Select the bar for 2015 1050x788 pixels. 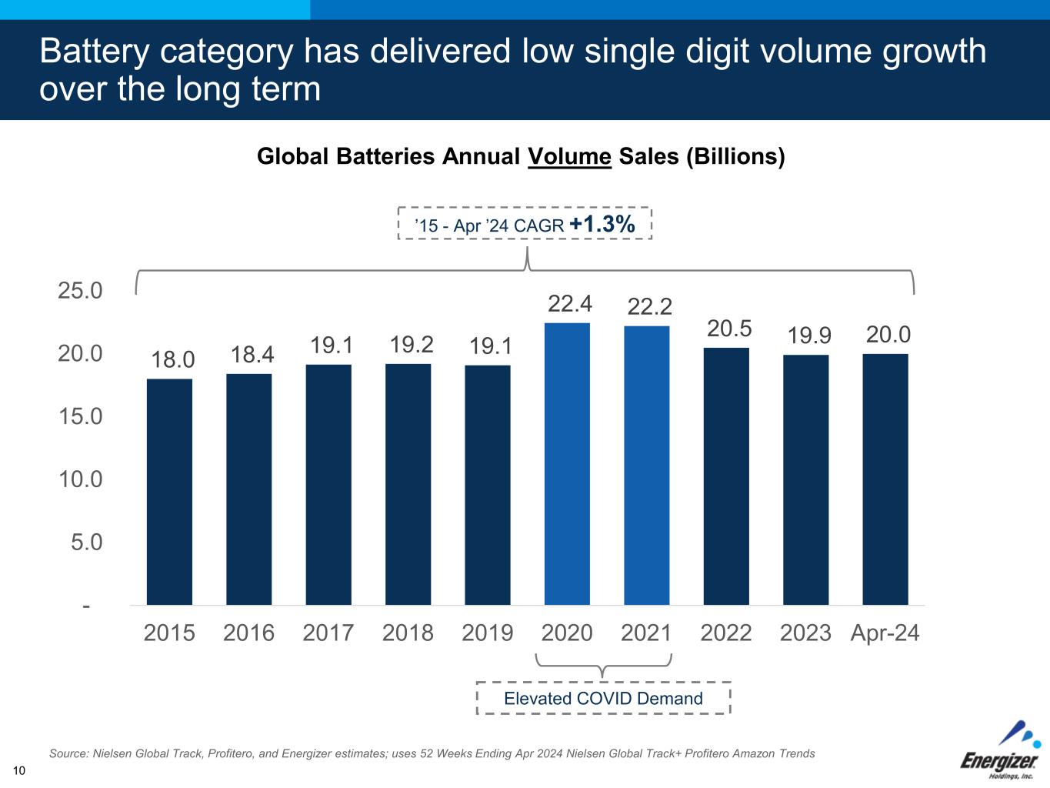pos(169,492)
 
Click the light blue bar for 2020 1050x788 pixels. pos(567,464)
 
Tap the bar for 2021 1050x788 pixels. pos(646,466)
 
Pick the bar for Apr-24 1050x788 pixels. pos(885,479)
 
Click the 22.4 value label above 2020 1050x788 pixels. pos(569,304)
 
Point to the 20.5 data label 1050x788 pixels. pos(728,329)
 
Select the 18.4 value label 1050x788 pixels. pos(252,355)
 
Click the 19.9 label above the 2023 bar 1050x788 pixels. pos(808,336)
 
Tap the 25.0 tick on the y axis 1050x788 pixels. pos(80,291)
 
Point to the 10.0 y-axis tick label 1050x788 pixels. pos(80,479)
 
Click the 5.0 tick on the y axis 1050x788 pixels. pos(86,543)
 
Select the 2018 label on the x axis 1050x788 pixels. pos(408,633)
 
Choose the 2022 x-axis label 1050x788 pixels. pos(725,633)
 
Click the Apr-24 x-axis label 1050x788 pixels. pos(885,633)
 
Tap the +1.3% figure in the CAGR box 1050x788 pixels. pos(602,224)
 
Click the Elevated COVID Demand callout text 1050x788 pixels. pos(603,699)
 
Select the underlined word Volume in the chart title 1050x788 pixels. pos(569,157)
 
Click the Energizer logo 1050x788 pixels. pos(1000,750)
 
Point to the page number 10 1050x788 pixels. pos(19,771)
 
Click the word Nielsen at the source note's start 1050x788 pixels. pos(112,754)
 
